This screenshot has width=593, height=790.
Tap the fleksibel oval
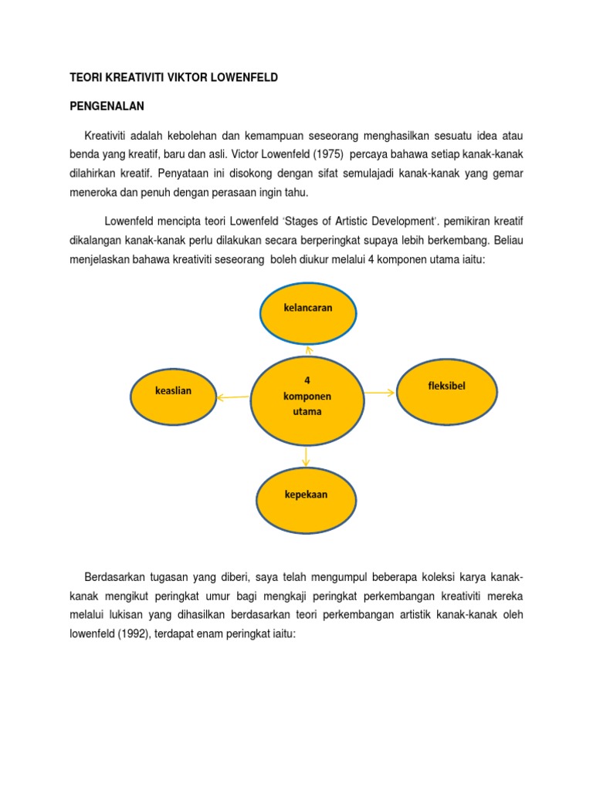tap(446, 389)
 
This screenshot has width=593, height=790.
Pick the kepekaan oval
tap(307, 498)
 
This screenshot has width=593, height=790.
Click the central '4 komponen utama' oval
tap(307, 400)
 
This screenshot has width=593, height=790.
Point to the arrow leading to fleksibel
tap(379, 393)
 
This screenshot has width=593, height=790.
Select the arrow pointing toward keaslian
tap(232, 398)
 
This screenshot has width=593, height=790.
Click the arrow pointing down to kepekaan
tap(307, 456)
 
